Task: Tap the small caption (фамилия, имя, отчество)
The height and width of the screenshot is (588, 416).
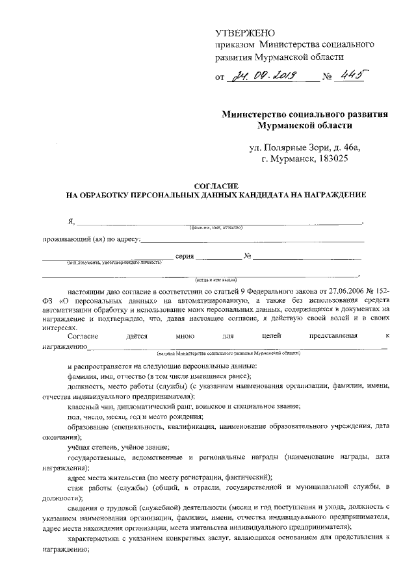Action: point(216,228)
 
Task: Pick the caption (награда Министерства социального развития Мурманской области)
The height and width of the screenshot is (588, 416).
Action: point(228,353)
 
